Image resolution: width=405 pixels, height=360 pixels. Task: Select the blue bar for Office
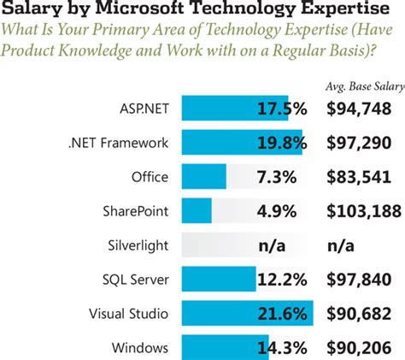point(203,177)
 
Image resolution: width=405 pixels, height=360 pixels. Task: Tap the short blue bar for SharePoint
point(196,210)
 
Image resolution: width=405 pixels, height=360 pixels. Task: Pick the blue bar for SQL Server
point(218,279)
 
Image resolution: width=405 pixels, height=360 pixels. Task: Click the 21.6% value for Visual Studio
point(281,314)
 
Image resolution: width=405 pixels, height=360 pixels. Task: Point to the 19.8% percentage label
point(281,143)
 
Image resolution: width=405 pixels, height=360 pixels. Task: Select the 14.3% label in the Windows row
point(281,347)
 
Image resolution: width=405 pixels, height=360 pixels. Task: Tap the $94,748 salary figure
point(360,109)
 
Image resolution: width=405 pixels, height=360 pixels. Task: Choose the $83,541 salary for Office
point(360,177)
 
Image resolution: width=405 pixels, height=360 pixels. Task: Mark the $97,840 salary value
point(360,280)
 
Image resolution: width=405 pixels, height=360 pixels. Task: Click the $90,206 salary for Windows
point(360,347)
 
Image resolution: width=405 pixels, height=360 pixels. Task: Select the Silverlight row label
point(138,245)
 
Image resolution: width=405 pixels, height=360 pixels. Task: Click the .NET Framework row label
point(121,143)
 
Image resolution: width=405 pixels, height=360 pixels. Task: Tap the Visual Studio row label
point(128,314)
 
